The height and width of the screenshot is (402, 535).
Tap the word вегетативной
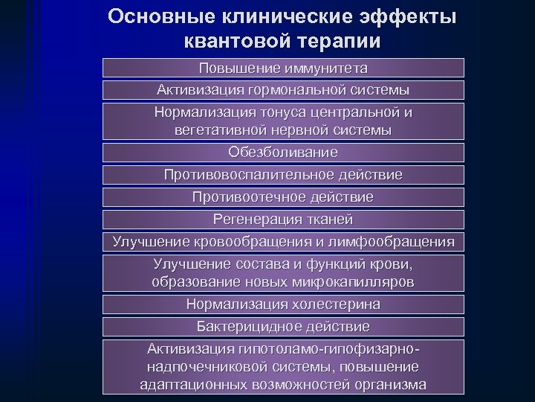218,130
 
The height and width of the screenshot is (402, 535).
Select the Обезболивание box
283,153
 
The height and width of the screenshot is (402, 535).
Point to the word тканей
327,220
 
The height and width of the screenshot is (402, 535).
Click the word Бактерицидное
242,327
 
